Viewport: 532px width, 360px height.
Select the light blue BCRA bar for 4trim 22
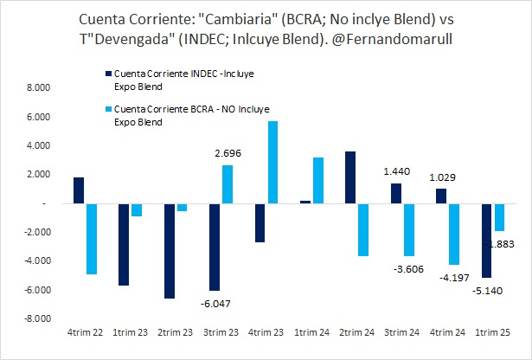point(91,239)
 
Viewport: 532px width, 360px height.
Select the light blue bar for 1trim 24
point(317,180)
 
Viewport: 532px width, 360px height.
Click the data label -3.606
point(407,270)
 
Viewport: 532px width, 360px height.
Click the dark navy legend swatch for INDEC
point(107,76)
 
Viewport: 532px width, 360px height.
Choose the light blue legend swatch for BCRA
point(107,110)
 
